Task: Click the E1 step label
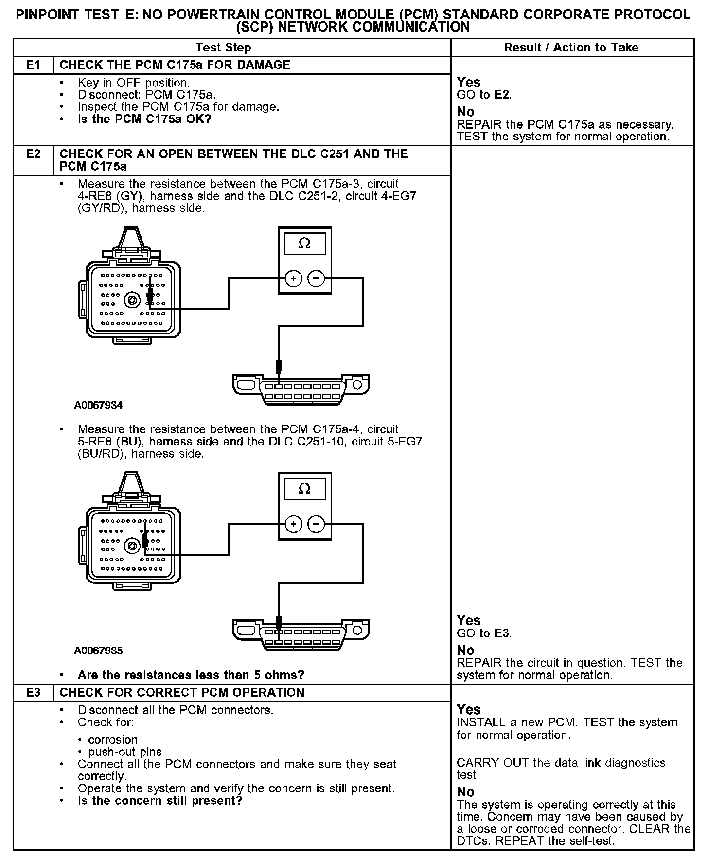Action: pyautogui.click(x=33, y=65)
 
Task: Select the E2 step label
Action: pyautogui.click(x=33, y=154)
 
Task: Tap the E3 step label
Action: pyautogui.click(x=33, y=693)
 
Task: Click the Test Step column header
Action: pyautogui.click(x=223, y=48)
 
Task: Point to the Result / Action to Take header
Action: pyautogui.click(x=571, y=48)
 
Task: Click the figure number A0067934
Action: pyautogui.click(x=98, y=405)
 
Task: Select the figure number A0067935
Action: pyautogui.click(x=98, y=651)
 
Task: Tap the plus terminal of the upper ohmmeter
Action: pyautogui.click(x=293, y=279)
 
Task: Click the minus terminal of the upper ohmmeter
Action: pyautogui.click(x=316, y=279)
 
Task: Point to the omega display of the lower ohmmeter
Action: pyautogui.click(x=304, y=489)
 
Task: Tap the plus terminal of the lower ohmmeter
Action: pyautogui.click(x=293, y=524)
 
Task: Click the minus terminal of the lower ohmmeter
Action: pyautogui.click(x=316, y=524)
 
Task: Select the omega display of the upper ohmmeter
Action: pyautogui.click(x=304, y=243)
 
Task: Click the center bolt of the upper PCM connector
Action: pyautogui.click(x=131, y=301)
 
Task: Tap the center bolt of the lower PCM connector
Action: pyautogui.click(x=131, y=546)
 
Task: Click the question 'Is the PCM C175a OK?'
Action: pyautogui.click(x=144, y=119)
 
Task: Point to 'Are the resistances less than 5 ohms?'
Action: pyautogui.click(x=191, y=675)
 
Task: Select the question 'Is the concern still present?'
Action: pyautogui.click(x=159, y=800)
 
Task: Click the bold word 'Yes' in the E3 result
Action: pyautogui.click(x=468, y=710)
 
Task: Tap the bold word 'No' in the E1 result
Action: pyautogui.click(x=465, y=112)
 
